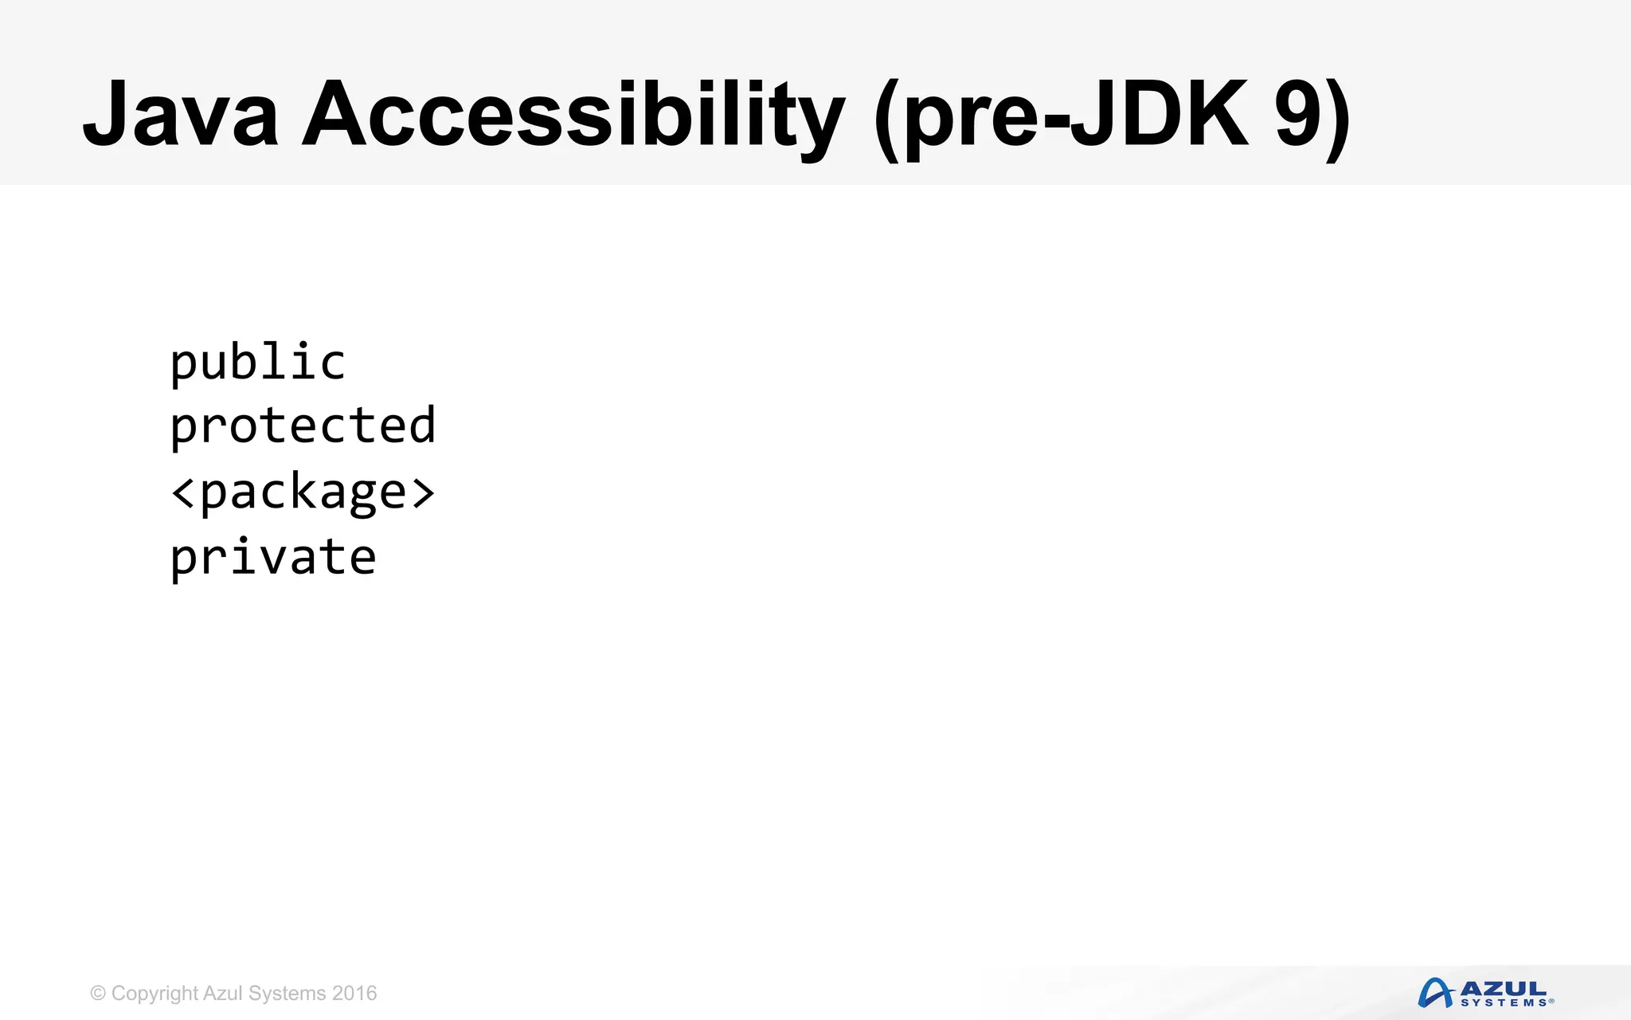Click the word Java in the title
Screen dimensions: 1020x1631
point(181,114)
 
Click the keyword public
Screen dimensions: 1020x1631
point(258,363)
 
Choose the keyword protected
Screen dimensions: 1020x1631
point(303,426)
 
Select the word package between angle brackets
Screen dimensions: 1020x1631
point(303,492)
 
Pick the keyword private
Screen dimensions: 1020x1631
point(273,558)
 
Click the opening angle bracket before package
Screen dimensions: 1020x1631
point(183,492)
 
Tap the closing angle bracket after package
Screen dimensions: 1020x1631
point(423,492)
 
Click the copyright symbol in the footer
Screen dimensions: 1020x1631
point(98,994)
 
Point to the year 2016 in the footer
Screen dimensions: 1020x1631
point(354,994)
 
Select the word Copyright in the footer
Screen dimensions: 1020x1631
point(154,994)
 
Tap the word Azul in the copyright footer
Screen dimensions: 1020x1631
point(223,994)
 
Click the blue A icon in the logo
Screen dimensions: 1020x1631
point(1435,993)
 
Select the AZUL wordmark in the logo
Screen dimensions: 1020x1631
point(1504,989)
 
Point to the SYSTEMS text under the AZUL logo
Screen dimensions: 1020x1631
point(1504,1002)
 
